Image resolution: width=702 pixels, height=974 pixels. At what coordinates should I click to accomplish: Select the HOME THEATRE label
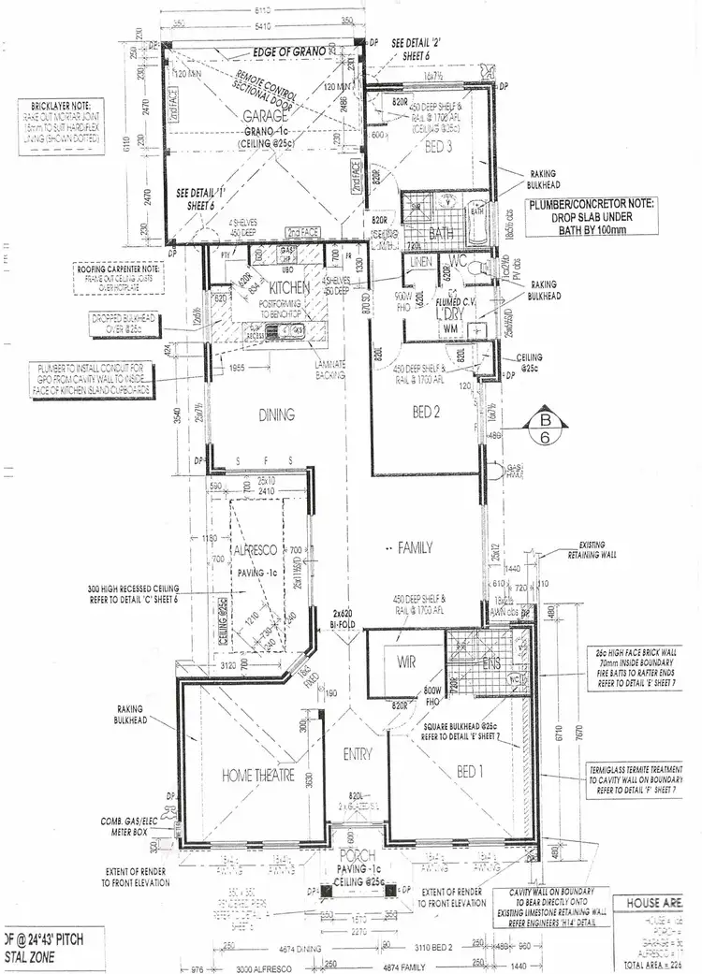259,775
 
